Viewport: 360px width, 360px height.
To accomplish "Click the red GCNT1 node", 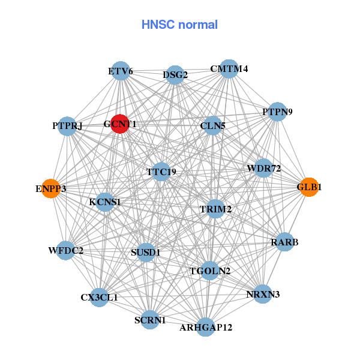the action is (x=120, y=124).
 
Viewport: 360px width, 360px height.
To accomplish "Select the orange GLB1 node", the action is (x=309, y=187).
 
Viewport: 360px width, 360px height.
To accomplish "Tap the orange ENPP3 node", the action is (x=51, y=188).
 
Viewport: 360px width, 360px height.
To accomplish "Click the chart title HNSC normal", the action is (x=179, y=25).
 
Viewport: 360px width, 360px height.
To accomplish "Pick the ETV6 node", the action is (x=121, y=71).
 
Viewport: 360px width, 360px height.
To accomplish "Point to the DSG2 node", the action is (x=175, y=75).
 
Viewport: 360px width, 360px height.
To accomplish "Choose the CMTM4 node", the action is (x=229, y=68).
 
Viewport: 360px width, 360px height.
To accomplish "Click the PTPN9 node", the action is (x=277, y=112).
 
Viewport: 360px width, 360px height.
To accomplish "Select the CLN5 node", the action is (x=212, y=126).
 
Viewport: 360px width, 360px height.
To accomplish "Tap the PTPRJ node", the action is (x=67, y=126).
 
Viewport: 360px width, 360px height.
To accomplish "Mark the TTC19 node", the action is (x=161, y=172).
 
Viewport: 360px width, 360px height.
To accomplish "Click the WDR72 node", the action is (x=264, y=169).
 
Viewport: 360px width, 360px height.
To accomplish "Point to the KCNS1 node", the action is (x=105, y=202).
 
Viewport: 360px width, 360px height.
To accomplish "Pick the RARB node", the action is (x=284, y=242).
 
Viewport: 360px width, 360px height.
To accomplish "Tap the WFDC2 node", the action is (x=66, y=250).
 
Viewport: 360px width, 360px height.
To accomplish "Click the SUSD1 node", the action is (x=146, y=253).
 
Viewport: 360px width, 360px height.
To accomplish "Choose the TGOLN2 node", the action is (x=210, y=271).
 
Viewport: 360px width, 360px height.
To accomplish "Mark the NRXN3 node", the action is (x=263, y=294).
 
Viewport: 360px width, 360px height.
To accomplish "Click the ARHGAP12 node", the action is (x=206, y=327).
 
